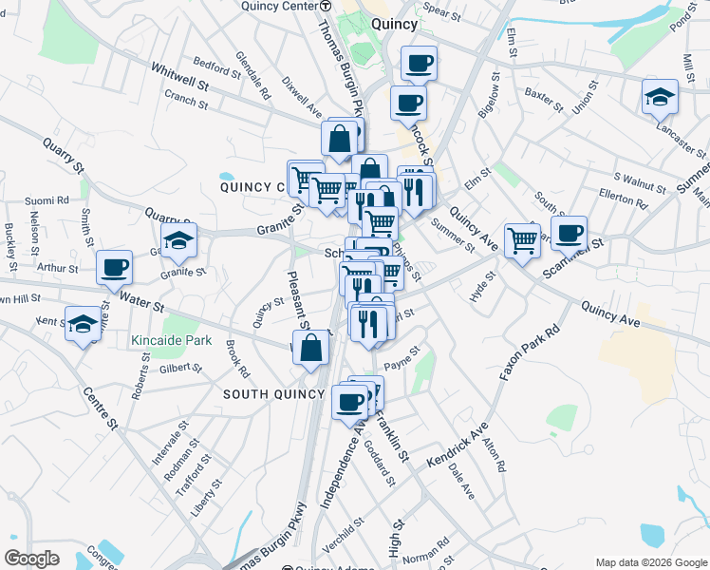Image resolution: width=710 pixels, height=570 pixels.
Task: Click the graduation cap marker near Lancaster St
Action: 660,96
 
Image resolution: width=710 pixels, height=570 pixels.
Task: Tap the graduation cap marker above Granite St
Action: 177,242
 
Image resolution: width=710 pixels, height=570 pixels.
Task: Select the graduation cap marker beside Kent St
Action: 84,324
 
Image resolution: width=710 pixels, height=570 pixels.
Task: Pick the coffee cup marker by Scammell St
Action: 569,232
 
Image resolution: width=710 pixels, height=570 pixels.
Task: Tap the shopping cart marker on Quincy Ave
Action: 522,239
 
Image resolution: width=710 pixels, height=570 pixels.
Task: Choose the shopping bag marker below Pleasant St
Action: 311,348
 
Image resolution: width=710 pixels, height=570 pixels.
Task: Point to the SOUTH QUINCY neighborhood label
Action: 268,393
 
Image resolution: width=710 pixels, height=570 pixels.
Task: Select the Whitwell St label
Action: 180,77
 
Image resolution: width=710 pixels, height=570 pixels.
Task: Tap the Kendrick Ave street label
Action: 457,445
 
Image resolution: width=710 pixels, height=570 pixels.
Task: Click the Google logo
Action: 31,559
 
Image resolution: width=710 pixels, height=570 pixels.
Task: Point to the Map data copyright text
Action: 650,562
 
